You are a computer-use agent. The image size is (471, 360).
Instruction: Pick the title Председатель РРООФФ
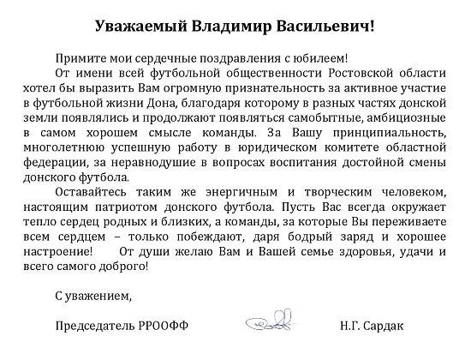click(x=120, y=327)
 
